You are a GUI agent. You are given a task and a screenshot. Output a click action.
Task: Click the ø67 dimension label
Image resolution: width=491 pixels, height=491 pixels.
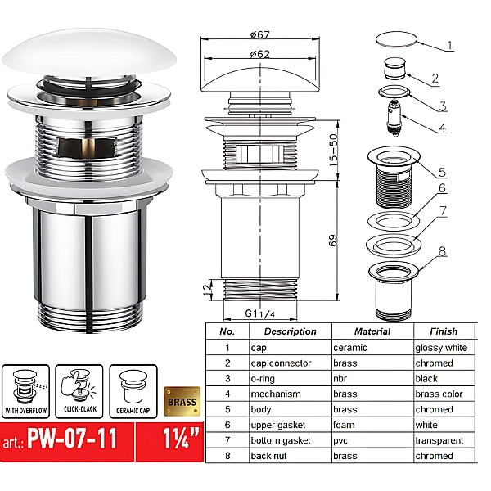(x=260, y=34)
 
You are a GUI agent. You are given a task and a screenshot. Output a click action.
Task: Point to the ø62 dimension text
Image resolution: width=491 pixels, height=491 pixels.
(x=260, y=54)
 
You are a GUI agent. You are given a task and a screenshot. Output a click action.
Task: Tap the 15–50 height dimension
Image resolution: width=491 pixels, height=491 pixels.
(x=334, y=151)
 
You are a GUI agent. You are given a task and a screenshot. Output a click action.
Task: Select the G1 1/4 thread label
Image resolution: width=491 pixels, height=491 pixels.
(x=260, y=313)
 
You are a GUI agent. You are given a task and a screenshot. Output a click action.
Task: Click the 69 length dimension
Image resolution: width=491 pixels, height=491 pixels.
(x=334, y=241)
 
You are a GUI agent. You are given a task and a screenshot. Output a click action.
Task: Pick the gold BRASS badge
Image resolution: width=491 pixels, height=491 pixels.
(x=182, y=402)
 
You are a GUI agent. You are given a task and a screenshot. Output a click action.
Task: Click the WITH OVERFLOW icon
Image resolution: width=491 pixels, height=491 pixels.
(x=25, y=391)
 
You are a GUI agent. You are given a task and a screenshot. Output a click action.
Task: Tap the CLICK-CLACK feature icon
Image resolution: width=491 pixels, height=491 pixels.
(x=79, y=391)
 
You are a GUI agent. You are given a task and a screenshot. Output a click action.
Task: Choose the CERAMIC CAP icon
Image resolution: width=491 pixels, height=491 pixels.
(x=133, y=391)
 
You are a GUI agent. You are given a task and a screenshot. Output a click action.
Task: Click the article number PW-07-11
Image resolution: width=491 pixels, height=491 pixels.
(x=72, y=439)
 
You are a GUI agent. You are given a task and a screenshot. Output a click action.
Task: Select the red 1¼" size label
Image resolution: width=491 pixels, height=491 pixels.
(x=180, y=439)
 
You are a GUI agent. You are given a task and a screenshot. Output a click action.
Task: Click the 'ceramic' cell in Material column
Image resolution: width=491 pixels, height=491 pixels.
(x=349, y=348)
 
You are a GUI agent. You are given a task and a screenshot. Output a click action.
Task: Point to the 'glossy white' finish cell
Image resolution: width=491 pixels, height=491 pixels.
(x=441, y=348)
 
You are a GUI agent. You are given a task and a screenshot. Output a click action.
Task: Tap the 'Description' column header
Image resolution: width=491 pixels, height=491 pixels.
(x=290, y=331)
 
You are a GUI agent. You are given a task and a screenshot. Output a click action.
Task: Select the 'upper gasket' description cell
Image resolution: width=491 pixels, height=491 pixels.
(x=277, y=425)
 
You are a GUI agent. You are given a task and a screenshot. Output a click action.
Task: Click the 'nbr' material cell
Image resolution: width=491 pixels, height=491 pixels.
(x=340, y=379)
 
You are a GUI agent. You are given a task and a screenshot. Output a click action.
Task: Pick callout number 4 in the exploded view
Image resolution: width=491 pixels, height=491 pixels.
(x=442, y=128)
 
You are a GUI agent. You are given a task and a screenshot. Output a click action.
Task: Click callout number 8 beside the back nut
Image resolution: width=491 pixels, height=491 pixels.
(x=442, y=251)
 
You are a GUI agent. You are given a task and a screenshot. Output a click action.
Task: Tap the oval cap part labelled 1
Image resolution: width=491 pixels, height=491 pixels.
(x=396, y=39)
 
